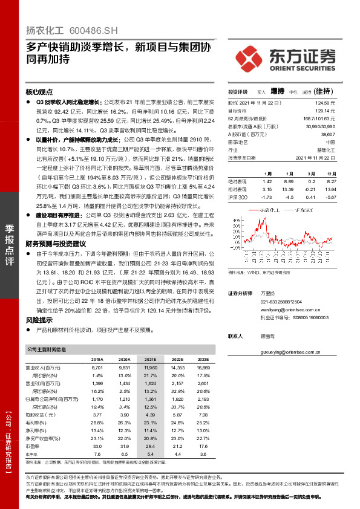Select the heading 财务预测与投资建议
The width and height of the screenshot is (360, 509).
click(57, 243)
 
